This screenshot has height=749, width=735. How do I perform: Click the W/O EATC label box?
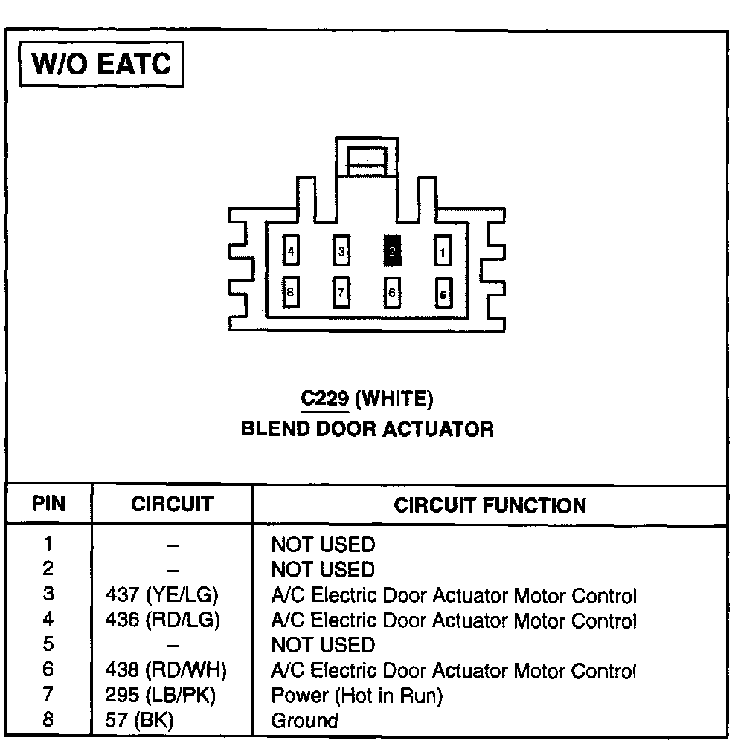pyautogui.click(x=100, y=65)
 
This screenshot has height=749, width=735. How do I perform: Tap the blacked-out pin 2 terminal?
pyautogui.click(x=392, y=251)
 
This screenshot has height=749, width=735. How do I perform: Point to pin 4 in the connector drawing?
pyautogui.click(x=290, y=251)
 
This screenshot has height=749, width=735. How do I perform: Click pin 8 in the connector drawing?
pyautogui.click(x=290, y=292)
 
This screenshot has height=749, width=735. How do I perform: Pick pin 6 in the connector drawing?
pyautogui.click(x=392, y=292)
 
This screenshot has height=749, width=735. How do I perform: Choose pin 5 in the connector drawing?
pyautogui.click(x=443, y=293)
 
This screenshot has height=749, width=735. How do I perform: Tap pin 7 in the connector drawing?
pyautogui.click(x=341, y=292)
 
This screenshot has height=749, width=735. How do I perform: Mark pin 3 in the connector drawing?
pyautogui.click(x=341, y=251)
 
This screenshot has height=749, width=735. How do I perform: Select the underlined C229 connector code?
pyautogui.click(x=325, y=399)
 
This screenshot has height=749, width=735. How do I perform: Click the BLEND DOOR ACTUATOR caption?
pyautogui.click(x=367, y=429)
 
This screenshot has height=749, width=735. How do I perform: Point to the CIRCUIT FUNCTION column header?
pyautogui.click(x=490, y=506)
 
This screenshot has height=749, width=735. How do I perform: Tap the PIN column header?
pyautogui.click(x=49, y=505)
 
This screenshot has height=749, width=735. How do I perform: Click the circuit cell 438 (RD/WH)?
pyautogui.click(x=166, y=670)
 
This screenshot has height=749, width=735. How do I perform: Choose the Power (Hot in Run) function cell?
pyautogui.click(x=357, y=695)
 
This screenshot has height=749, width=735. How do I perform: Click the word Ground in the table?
pyautogui.click(x=304, y=720)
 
